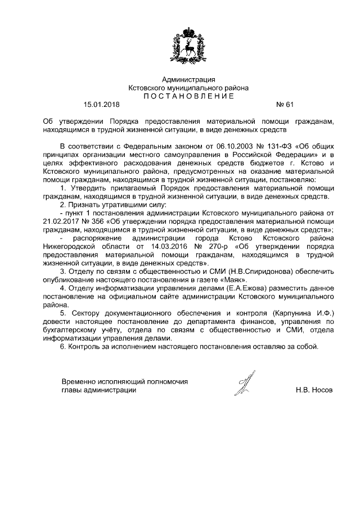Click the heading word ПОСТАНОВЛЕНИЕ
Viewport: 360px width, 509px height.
[188, 96]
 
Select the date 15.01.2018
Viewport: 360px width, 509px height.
[102, 104]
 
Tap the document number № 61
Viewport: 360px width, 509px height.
[285, 104]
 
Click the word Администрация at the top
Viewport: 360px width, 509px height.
[188, 80]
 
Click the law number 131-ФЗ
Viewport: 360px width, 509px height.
[276, 145]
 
